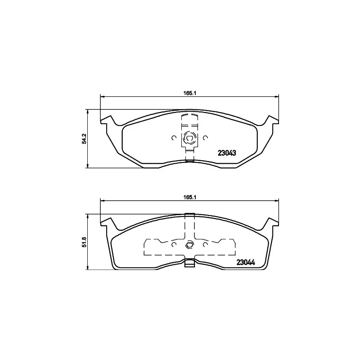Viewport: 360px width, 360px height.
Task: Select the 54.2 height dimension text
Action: [84, 138]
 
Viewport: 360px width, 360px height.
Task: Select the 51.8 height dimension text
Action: [84, 243]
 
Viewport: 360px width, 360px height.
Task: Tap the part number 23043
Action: [228, 153]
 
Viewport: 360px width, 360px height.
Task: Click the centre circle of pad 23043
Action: [189, 138]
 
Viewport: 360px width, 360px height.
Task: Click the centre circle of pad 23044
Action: [189, 245]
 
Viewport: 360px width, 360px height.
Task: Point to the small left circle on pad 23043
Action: [174, 138]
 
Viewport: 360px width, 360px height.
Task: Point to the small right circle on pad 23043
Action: [205, 138]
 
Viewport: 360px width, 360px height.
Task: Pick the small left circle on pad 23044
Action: [174, 245]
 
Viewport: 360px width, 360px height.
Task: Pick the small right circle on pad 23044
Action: [205, 245]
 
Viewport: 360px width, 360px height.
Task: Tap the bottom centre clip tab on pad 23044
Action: [189, 263]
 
